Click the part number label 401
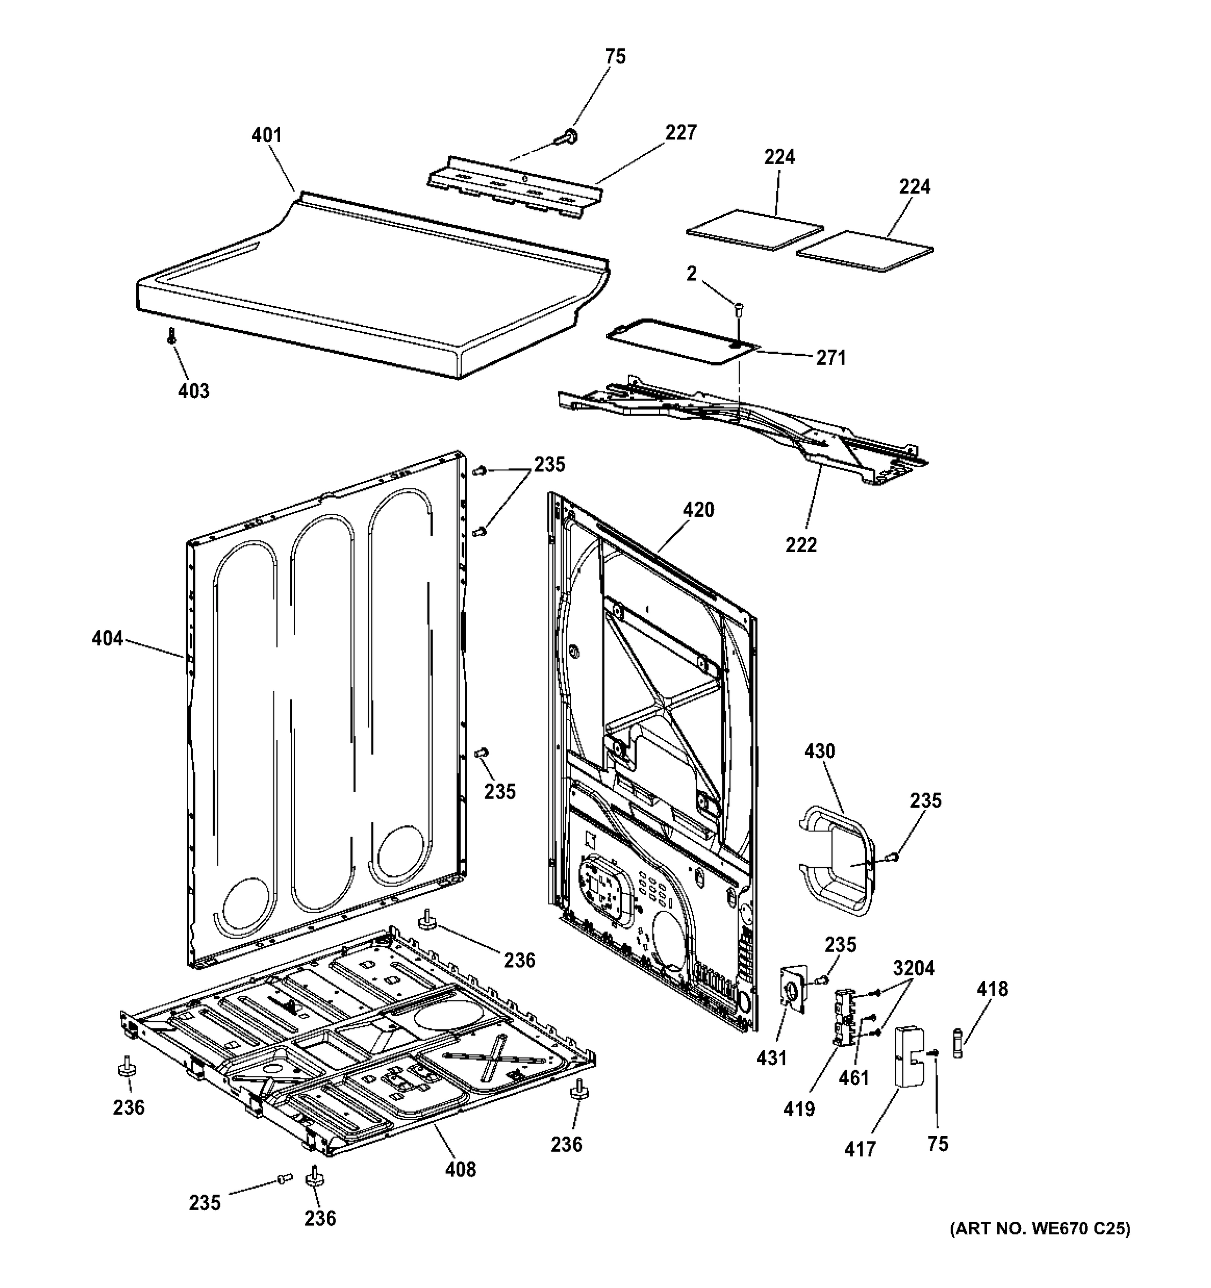click(266, 135)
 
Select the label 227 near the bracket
click(680, 132)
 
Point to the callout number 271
click(830, 357)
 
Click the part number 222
click(801, 545)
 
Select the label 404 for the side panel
click(107, 639)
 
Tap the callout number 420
click(698, 510)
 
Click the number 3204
click(914, 969)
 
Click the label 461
click(854, 1078)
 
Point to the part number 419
click(799, 1109)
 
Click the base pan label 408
click(460, 1169)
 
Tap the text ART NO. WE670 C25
click(1039, 1229)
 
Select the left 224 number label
click(779, 157)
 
